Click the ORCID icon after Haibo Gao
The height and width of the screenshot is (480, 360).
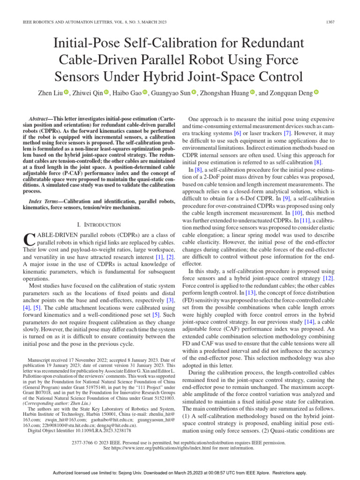144,92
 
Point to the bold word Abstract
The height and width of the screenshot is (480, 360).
39,120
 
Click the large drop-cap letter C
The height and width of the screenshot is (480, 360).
29,240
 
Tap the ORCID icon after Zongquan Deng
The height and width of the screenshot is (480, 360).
316,92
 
